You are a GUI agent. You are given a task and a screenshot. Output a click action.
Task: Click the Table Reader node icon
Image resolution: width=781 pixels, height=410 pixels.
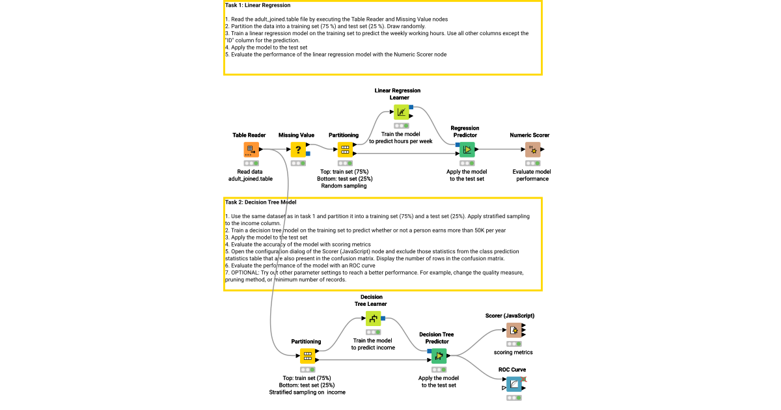tap(251, 150)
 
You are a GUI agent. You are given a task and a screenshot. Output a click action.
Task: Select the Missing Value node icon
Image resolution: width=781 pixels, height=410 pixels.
tap(297, 150)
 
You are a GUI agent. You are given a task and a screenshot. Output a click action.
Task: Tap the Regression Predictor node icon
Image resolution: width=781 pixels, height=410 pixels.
tap(466, 150)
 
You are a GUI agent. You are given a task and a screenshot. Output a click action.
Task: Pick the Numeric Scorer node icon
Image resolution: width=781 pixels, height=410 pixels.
tap(532, 150)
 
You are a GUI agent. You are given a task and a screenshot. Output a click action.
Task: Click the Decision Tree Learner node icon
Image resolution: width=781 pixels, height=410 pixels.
tap(373, 318)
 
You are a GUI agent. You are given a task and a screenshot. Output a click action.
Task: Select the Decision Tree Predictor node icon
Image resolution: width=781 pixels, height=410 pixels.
tap(439, 356)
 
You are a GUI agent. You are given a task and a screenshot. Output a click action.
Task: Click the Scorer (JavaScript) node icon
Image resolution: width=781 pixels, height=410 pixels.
tap(514, 330)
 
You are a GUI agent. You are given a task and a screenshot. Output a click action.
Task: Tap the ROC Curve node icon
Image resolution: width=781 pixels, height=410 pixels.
tap(514, 384)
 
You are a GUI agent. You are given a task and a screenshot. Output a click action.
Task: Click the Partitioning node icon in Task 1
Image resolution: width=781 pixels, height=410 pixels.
tap(345, 150)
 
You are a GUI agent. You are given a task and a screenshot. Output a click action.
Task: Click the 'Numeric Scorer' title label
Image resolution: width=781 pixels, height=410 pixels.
tap(529, 135)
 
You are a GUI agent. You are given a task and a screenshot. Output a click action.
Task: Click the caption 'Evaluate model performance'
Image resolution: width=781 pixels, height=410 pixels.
tap(532, 175)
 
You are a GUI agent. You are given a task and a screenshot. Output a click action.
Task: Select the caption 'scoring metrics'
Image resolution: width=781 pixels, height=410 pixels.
tap(513, 352)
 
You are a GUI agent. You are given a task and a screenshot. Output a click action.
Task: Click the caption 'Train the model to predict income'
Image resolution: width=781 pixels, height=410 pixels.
tap(373, 344)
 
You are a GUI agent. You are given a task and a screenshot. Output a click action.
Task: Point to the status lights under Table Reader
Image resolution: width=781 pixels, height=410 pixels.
tap(251, 163)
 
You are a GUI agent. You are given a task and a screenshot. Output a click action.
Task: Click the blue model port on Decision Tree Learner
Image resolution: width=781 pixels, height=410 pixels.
tap(384, 318)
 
